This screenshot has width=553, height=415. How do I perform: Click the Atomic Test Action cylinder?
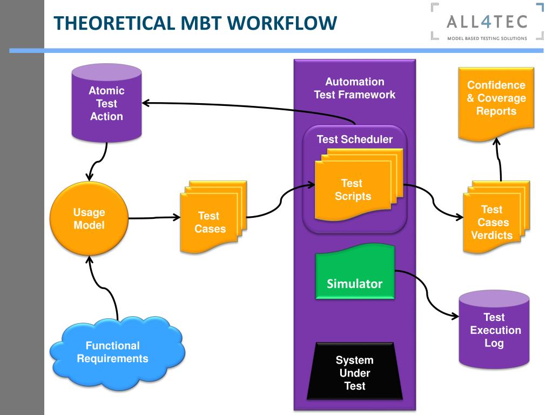106,103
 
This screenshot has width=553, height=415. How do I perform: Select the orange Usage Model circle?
89,218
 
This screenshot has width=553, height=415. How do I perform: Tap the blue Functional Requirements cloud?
117,353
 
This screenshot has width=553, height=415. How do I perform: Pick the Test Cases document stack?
213,217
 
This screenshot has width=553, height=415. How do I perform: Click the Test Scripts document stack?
359,185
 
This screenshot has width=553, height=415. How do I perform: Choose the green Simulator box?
355,272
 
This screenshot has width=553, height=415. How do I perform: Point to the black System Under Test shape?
355,371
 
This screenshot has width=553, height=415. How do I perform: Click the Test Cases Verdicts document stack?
496,217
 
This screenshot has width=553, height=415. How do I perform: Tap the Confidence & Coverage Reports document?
496,104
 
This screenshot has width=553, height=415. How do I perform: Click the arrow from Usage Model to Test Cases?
154,218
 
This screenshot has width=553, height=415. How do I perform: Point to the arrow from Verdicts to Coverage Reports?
498,159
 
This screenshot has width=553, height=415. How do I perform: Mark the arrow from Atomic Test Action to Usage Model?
98,161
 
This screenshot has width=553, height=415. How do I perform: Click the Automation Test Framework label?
355,88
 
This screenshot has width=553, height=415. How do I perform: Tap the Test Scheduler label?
355,139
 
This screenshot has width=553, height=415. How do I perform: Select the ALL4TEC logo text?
487,22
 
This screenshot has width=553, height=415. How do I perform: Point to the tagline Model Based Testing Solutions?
487,38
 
